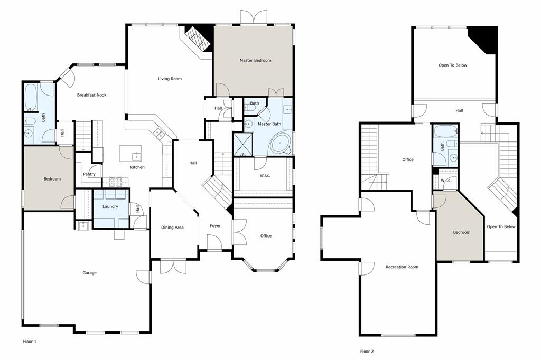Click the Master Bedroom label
coord(255,61)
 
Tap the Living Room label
coord(170,79)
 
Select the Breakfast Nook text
coord(92,95)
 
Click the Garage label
coord(89,273)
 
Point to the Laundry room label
coord(110,206)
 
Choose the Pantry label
coord(89,174)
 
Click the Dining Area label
coord(172,228)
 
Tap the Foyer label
coord(215,226)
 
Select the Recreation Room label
coord(402,267)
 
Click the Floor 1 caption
coord(30,342)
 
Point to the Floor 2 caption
coord(367,351)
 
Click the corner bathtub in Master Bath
coord(281,143)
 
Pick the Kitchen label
coord(137,167)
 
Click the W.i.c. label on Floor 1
coord(265,176)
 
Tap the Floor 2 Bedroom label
coord(462,232)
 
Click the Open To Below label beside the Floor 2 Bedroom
coord(501,227)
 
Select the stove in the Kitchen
coord(116,182)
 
